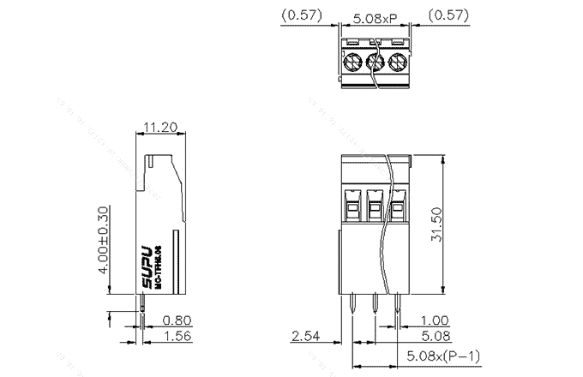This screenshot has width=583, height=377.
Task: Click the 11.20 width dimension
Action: pyautogui.click(x=160, y=127)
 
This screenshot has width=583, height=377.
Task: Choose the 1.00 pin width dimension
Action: pyautogui.click(x=435, y=320)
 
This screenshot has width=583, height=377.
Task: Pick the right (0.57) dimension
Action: pyautogui.click(x=447, y=15)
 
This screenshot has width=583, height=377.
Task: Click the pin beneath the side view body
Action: pyautogui.click(x=142, y=303)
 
